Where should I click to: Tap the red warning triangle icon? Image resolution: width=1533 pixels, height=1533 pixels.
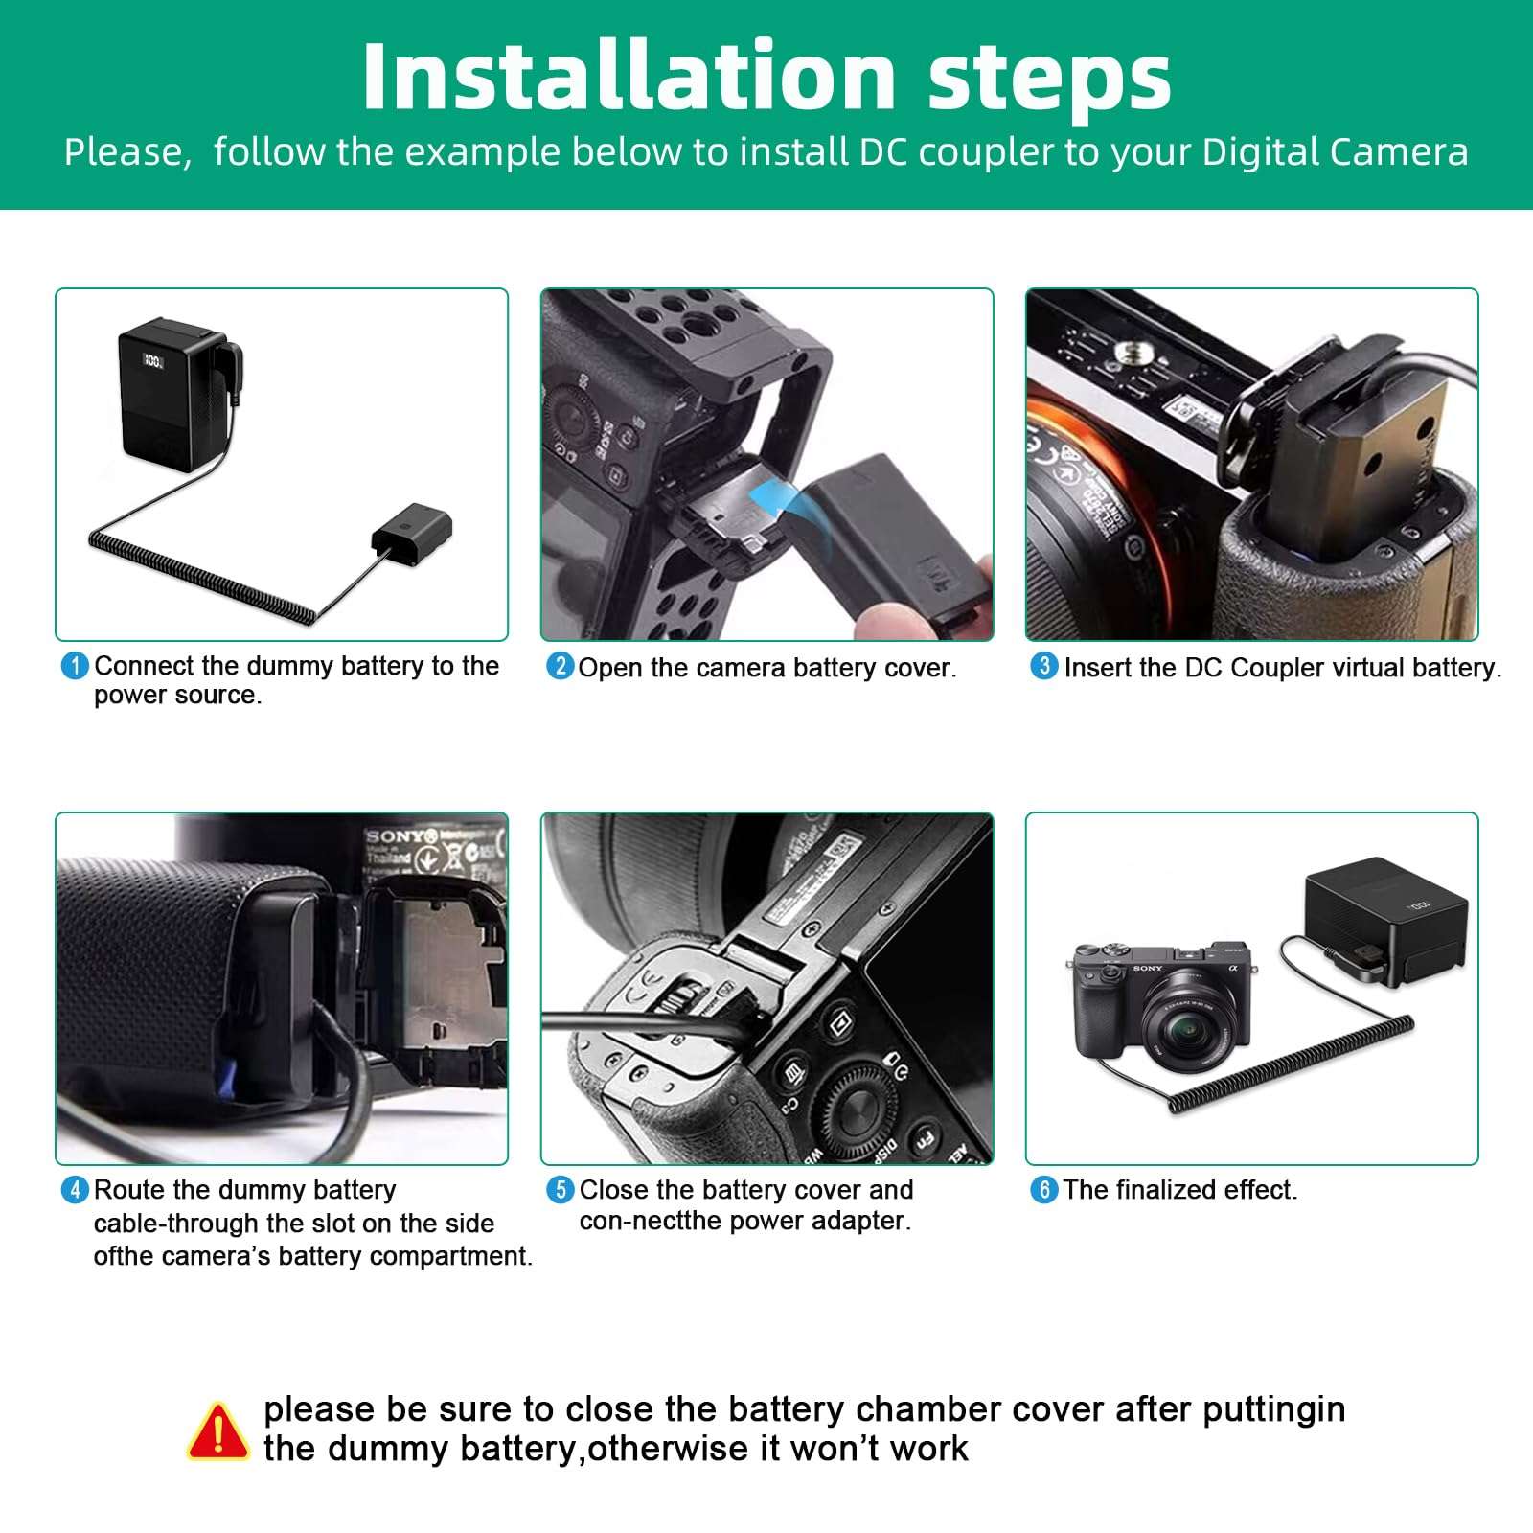coord(218,1431)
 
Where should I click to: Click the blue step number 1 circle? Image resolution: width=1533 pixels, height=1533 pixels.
coord(75,666)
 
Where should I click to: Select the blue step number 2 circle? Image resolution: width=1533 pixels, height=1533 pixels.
coord(561,666)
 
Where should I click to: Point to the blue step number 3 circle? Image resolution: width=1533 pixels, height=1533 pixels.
coord(1044,666)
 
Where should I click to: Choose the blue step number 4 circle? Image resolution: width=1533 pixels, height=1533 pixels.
coord(75,1190)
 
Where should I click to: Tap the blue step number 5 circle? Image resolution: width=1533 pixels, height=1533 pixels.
coord(561,1190)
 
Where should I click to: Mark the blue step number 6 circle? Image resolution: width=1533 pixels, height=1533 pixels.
coord(1044,1190)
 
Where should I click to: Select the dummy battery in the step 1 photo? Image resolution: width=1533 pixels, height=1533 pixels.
coord(411,532)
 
